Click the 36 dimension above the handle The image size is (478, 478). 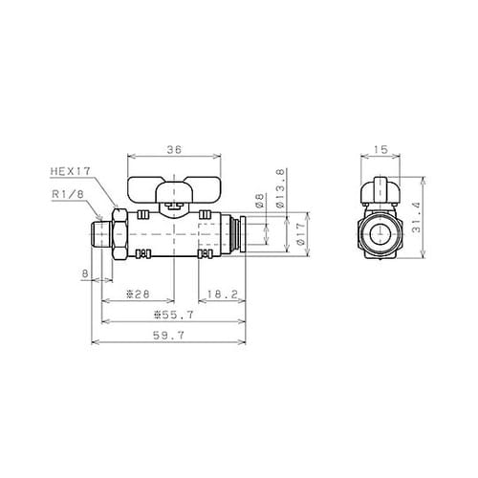[x=174, y=150]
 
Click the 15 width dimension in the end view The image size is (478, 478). [x=381, y=150]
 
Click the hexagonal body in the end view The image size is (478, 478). [x=381, y=232]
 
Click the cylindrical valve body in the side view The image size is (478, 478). [x=172, y=234]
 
